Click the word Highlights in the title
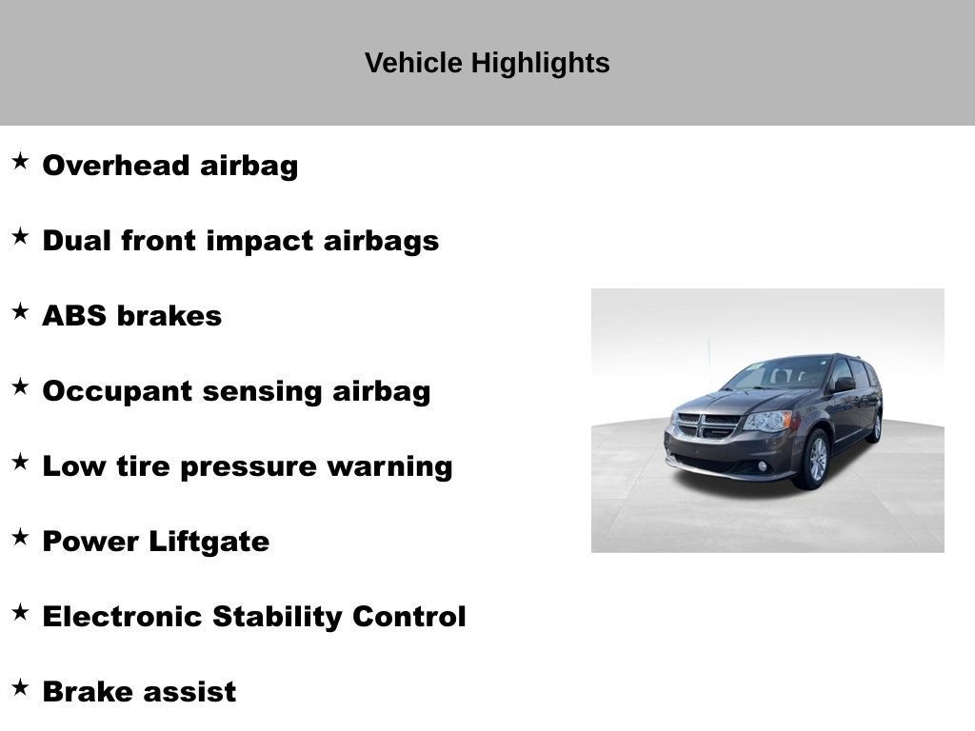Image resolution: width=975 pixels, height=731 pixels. (540, 64)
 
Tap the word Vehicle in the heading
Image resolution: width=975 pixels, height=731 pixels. (413, 63)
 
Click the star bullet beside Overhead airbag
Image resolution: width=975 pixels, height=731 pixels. (20, 162)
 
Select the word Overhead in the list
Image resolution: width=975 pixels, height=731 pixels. (115, 166)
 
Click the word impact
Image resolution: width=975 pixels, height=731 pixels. (259, 242)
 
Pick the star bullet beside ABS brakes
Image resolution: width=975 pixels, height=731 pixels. (20, 311)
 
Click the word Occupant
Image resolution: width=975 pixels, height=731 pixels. (117, 392)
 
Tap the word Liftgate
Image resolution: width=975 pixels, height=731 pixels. (209, 542)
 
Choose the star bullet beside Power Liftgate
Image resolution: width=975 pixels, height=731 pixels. (20, 537)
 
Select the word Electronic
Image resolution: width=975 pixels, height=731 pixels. (123, 617)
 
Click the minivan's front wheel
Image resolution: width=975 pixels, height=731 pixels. (816, 460)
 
